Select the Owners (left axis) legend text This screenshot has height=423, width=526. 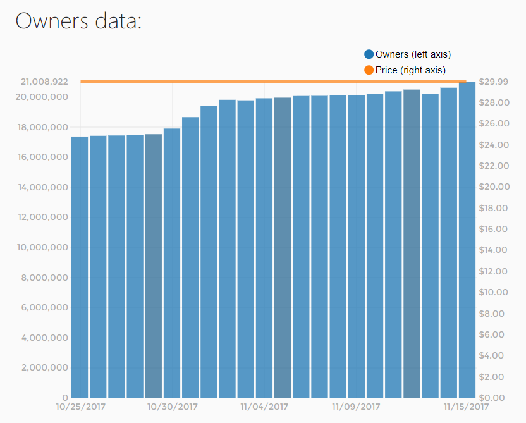tap(413, 54)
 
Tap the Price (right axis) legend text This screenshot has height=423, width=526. tap(410, 70)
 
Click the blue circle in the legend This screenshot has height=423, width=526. tap(369, 54)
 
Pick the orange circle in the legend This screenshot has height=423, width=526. tap(369, 70)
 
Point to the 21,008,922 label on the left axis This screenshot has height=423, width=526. tap(44, 82)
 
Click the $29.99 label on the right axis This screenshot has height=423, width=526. tap(493, 82)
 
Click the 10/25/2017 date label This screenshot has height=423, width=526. tap(80, 406)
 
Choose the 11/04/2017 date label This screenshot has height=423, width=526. tap(264, 406)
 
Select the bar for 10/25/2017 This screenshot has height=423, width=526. tap(80, 266)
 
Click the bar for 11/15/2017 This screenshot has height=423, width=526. tap(467, 240)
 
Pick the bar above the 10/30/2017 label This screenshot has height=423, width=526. tap(172, 262)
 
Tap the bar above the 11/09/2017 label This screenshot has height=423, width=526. tap(356, 247)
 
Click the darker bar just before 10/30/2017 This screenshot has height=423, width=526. tap(154, 266)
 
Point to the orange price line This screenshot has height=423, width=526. tap(272, 82)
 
